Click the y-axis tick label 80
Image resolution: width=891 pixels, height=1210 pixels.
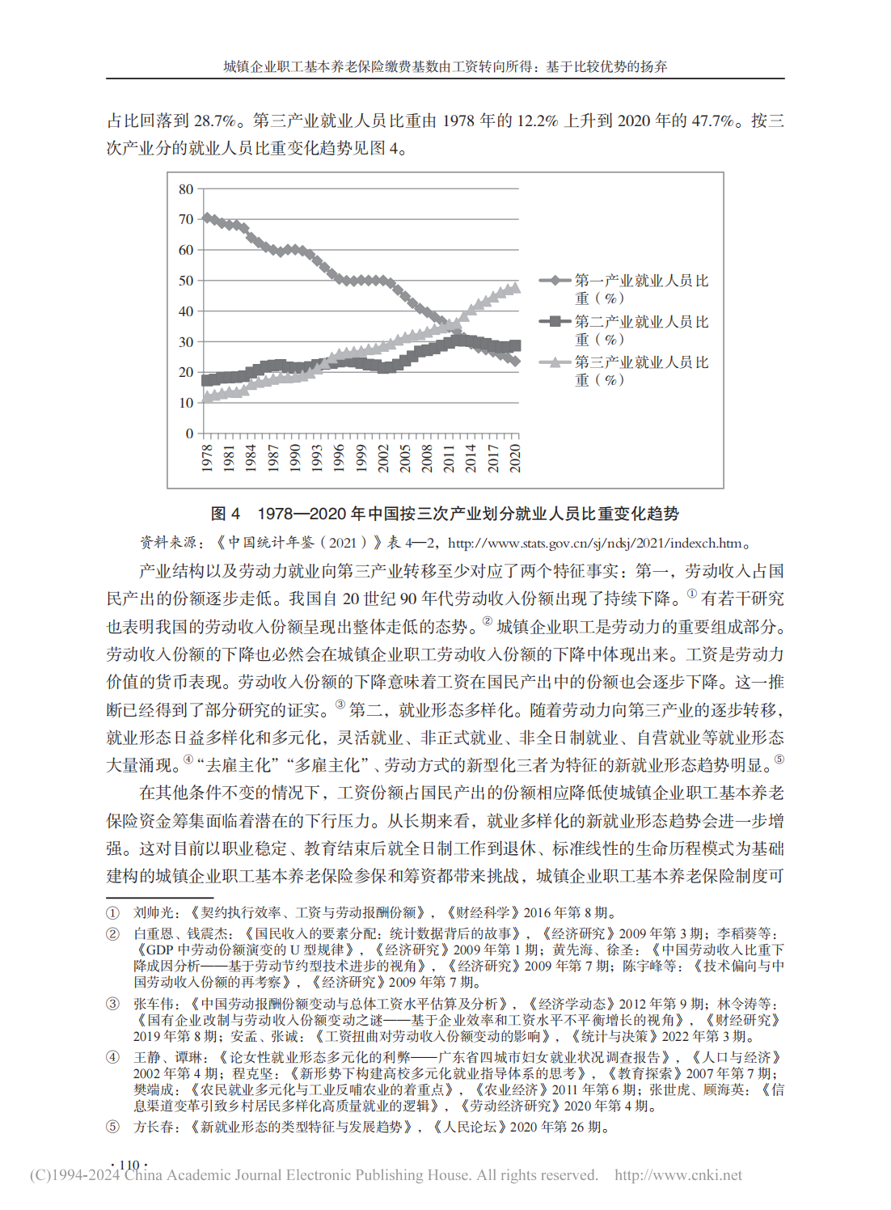click(x=186, y=189)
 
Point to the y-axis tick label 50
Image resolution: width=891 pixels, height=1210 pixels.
click(x=186, y=281)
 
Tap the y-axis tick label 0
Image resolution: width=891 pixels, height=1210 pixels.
click(x=189, y=434)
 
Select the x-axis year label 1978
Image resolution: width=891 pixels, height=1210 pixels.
click(x=207, y=458)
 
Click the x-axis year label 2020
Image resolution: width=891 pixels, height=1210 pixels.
click(x=515, y=458)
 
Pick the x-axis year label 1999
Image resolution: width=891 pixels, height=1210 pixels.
click(x=361, y=458)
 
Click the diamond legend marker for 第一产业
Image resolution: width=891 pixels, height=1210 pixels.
click(x=555, y=281)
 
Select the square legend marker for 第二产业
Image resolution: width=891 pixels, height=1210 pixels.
click(x=555, y=321)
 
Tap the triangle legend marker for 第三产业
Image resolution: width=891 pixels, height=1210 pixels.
click(x=555, y=362)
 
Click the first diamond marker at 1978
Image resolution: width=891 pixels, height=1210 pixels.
click(x=207, y=218)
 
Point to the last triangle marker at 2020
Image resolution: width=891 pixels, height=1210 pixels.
click(x=515, y=287)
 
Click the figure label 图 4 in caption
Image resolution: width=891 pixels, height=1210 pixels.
click(x=226, y=514)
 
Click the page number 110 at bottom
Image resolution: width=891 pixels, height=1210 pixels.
click(x=129, y=1166)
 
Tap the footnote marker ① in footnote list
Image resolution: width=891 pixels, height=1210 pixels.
click(x=113, y=913)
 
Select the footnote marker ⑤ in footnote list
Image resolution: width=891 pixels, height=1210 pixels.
click(x=113, y=1127)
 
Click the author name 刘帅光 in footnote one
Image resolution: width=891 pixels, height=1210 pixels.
click(x=154, y=913)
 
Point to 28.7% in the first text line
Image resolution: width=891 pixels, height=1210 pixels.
click(x=214, y=121)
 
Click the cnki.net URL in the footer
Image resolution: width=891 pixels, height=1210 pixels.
click(x=678, y=1175)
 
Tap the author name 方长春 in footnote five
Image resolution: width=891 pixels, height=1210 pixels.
click(x=154, y=1127)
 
